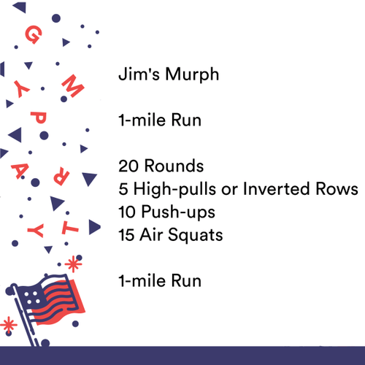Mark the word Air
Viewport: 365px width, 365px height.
click(156, 235)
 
